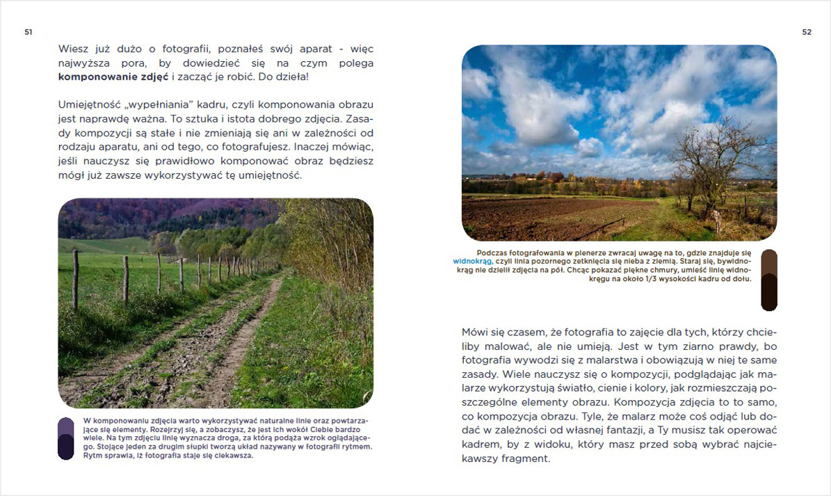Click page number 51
[29, 32]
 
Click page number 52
[807, 32]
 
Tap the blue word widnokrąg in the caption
[472, 262]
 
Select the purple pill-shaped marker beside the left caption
[65, 438]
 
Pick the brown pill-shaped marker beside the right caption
[768, 280]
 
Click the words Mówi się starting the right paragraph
[484, 332]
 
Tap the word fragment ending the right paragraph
[527, 459]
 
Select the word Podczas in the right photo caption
[492, 253]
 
